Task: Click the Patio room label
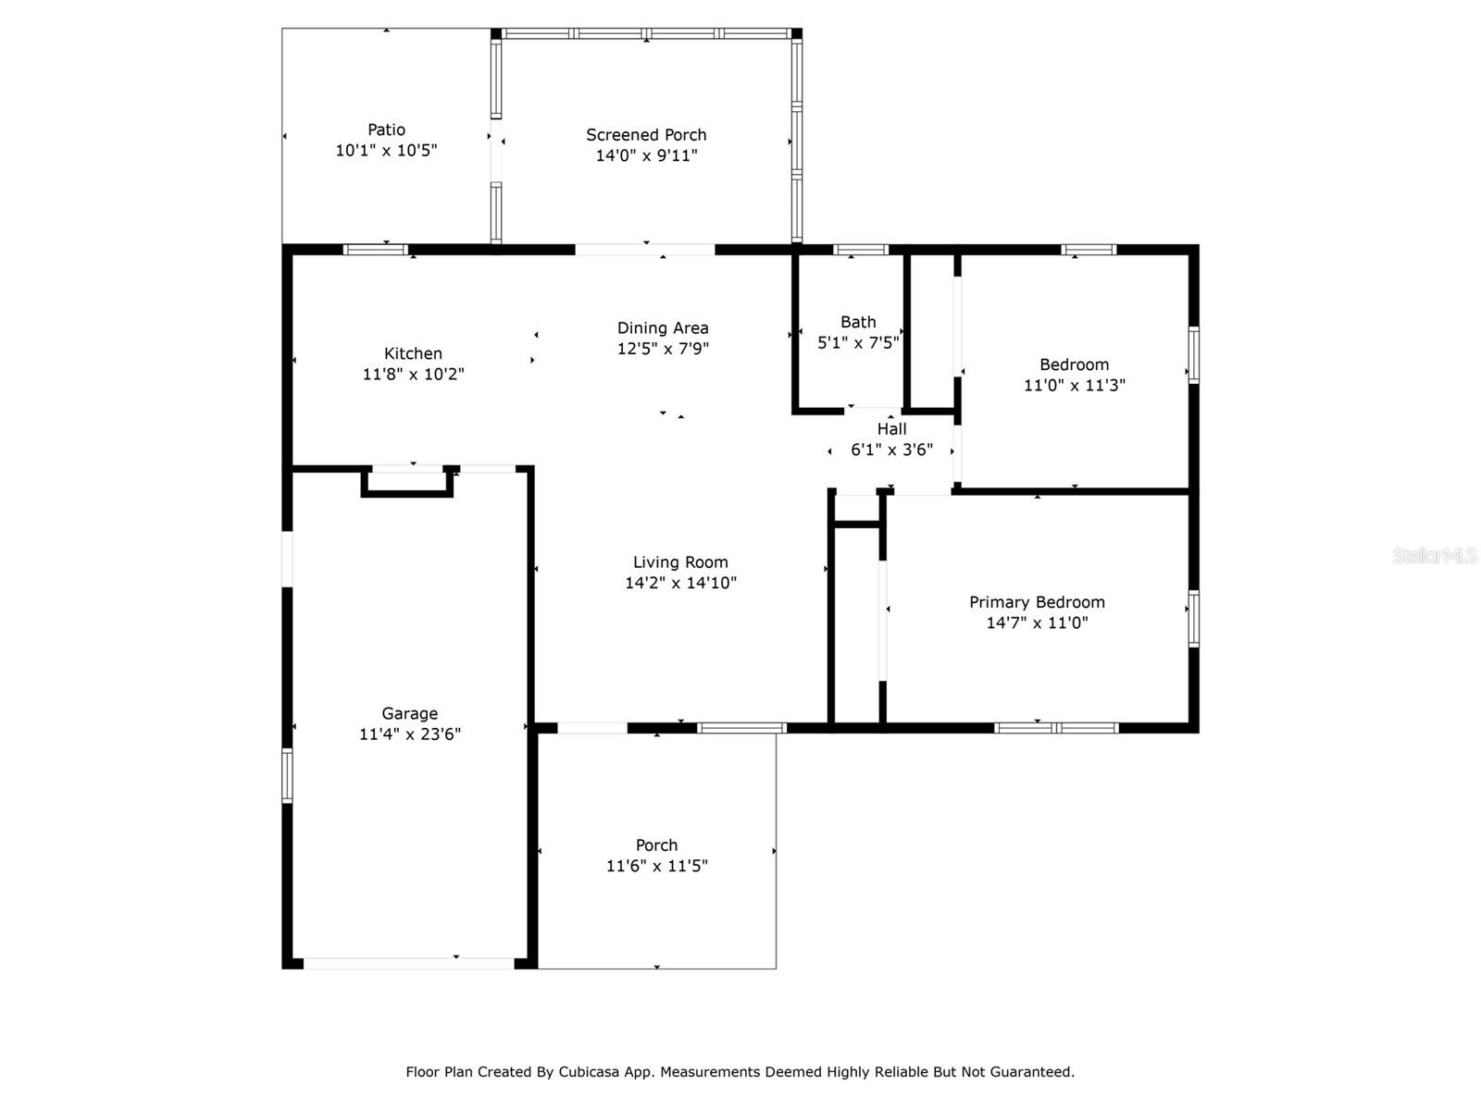[386, 129]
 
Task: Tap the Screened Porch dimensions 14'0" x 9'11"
[646, 155]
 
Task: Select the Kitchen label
[413, 353]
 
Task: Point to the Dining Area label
[663, 328]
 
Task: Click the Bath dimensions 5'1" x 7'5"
[857, 342]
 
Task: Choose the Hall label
[891, 428]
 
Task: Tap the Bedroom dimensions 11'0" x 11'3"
[1074, 385]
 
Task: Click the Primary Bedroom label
[1037, 602]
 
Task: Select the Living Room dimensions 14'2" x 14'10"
[680, 583]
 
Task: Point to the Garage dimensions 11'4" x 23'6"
[409, 734]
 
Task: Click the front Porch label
[656, 845]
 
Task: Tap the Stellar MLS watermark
[1435, 555]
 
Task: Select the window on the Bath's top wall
[860, 250]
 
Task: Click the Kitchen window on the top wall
[376, 250]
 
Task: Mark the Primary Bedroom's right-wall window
[1193, 618]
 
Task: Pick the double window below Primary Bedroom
[1056, 727]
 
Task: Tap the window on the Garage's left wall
[287, 775]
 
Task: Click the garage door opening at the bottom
[409, 963]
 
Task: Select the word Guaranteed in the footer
[1034, 1071]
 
